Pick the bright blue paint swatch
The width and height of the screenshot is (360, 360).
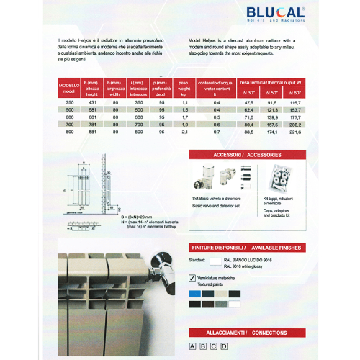192,294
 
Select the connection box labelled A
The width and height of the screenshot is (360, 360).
192,346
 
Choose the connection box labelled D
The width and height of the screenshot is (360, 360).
224,346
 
